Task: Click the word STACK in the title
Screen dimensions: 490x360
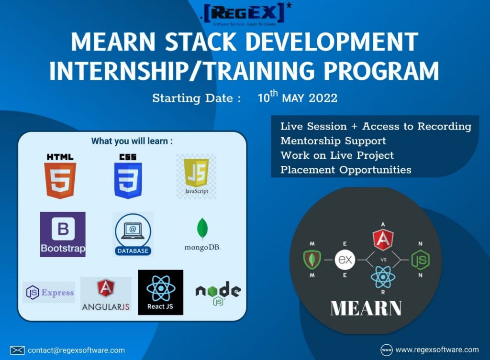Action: coord(200,42)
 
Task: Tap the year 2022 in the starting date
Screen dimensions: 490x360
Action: coord(323,98)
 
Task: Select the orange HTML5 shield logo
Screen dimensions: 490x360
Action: coord(60,180)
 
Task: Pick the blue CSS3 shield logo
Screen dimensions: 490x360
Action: coord(128,180)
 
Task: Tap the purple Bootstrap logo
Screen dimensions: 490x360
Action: coord(63,234)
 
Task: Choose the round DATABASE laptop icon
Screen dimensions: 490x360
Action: coord(133,234)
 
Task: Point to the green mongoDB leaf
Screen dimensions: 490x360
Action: coord(202,228)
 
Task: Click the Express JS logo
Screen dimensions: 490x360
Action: coord(49,293)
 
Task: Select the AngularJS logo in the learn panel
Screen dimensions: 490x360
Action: coord(106,294)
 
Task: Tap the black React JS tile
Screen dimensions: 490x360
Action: coord(161,292)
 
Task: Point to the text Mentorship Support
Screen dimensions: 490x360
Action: coord(333,141)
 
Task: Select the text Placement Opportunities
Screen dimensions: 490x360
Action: coord(345,170)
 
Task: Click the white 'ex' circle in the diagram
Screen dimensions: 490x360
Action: coord(345,260)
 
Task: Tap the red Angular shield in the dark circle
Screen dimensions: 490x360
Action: coord(383,240)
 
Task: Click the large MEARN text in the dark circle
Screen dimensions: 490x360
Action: coord(366,308)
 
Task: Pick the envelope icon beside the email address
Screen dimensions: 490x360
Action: coord(17,350)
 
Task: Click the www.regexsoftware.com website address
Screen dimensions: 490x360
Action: coord(437,349)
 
